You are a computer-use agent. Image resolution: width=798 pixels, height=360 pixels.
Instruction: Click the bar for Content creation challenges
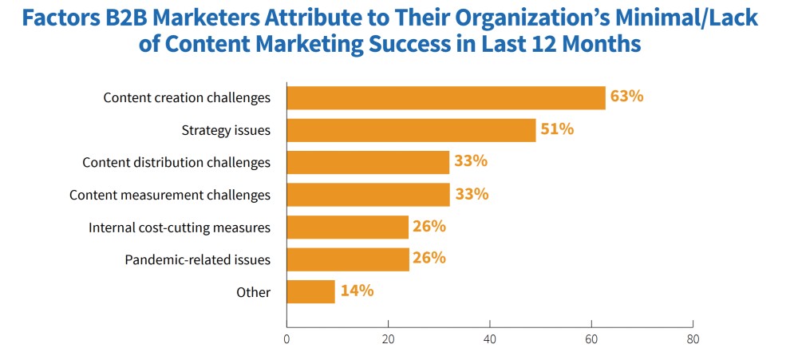pos(445,97)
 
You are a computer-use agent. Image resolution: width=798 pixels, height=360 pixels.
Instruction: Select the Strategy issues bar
pos(411,130)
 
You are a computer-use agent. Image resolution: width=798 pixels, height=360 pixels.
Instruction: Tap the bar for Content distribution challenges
pos(368,162)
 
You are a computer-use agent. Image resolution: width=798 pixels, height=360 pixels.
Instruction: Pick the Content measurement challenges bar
pos(368,195)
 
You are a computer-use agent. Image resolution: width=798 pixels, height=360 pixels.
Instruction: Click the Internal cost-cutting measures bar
pos(347,227)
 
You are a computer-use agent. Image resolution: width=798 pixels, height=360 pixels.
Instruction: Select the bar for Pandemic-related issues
pos(347,259)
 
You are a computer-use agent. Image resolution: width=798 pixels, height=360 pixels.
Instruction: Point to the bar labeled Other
pos(310,291)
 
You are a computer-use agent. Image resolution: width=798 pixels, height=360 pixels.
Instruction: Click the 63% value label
pos(626,97)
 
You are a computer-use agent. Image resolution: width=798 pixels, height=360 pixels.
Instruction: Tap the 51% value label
pos(557,129)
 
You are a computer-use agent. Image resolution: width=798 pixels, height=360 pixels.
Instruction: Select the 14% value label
pos(357,291)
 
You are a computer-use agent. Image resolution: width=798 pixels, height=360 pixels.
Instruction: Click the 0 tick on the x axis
pos(286,338)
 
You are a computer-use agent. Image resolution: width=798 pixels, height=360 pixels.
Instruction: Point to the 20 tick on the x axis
pos(388,338)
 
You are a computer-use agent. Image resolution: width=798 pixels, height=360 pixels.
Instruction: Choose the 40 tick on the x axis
pos(489,338)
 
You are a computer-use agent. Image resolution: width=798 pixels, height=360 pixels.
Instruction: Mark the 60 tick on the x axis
pos(591,338)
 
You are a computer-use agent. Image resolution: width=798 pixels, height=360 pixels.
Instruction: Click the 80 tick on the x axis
pos(693,338)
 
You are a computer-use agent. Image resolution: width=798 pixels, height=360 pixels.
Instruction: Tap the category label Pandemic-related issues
pos(197,260)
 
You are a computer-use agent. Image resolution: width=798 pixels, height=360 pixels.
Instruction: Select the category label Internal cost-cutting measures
pos(179,227)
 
